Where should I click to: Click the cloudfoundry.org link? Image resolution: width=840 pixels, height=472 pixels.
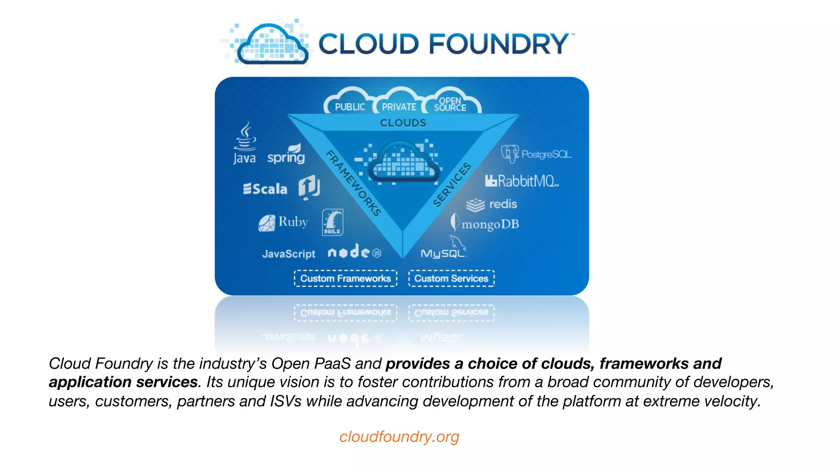click(399, 437)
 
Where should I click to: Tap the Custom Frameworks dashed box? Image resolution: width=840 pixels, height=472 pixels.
click(345, 279)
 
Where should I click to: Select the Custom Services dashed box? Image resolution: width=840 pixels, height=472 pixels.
click(451, 279)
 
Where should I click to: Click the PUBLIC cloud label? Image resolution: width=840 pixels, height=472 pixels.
click(350, 107)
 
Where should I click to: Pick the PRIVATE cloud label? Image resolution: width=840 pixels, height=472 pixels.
click(399, 107)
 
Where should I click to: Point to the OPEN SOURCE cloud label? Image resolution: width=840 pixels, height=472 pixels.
click(450, 104)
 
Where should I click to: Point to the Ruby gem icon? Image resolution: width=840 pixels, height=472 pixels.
click(267, 223)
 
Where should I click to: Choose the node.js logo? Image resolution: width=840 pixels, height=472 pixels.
click(355, 252)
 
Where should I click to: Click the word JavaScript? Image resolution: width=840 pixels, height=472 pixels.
click(289, 254)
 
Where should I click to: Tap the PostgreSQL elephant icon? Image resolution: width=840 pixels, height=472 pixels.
click(510, 154)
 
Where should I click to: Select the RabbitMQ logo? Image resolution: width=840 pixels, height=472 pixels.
click(522, 181)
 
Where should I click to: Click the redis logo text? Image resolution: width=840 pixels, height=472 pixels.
click(503, 204)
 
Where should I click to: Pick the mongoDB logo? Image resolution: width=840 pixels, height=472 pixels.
click(485, 224)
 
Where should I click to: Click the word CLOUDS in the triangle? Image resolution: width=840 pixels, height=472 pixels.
click(403, 123)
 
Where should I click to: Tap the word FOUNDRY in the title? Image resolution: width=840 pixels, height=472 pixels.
click(499, 44)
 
